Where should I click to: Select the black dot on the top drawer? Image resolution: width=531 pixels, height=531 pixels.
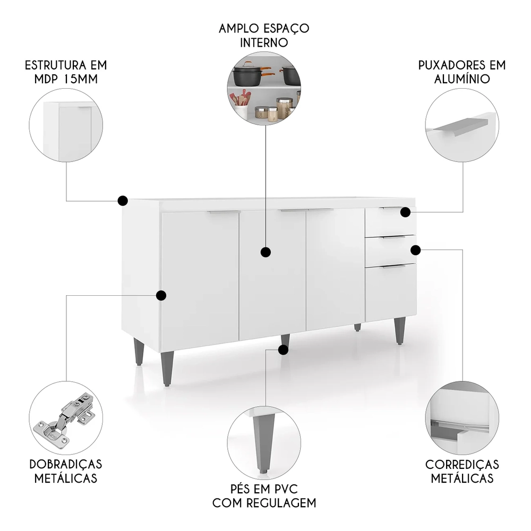pos(405,212)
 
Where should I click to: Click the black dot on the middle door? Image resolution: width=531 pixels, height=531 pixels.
pos(266,252)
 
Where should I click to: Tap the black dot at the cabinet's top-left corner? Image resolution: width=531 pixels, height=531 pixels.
pos(123,200)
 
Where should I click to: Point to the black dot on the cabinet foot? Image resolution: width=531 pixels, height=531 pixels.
pos(284,349)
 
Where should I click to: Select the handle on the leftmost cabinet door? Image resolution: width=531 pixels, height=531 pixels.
pos(223,212)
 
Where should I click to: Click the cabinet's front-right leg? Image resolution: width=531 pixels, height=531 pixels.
pos(399,330)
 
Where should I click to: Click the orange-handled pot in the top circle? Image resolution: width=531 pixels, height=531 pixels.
pos(247,74)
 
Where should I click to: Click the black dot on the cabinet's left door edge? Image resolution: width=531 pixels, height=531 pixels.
pos(162,295)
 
